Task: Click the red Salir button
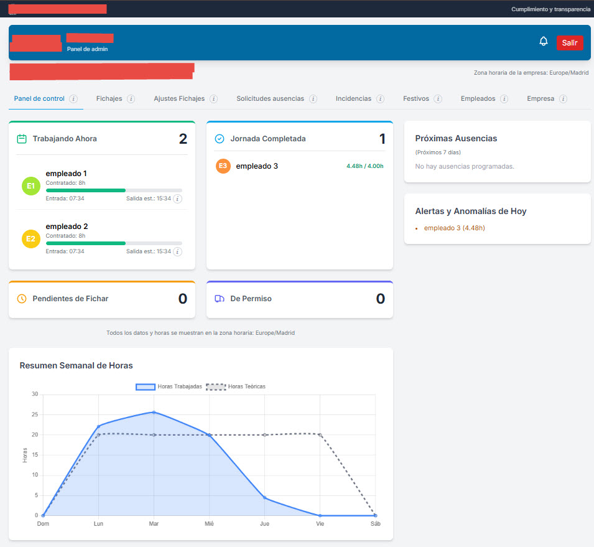570,43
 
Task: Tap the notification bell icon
544,42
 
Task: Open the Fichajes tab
109,99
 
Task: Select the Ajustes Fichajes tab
179,99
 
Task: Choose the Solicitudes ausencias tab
270,99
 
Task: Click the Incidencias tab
353,99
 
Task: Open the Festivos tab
415,99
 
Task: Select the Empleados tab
478,99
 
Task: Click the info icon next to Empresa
563,99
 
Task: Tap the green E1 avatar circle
30,185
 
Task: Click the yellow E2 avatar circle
30,239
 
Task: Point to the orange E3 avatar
223,166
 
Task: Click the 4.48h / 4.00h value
365,166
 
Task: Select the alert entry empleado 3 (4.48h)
454,228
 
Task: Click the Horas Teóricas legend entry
237,386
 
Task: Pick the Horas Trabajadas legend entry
169,386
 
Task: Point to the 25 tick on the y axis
35,414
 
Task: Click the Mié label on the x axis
209,524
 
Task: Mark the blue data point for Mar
154,412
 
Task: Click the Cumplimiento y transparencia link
550,9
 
